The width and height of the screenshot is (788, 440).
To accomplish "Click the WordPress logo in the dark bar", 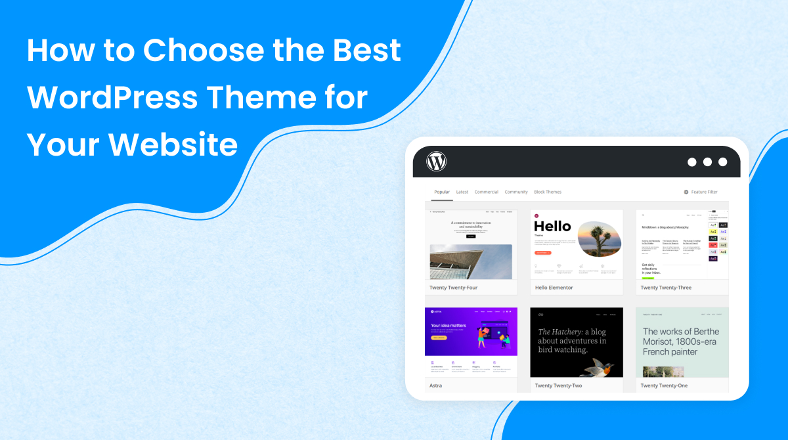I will [x=436, y=162].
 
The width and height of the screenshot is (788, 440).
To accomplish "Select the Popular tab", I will [x=442, y=192].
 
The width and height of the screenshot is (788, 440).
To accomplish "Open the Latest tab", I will [x=462, y=192].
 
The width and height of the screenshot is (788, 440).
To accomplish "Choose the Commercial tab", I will [x=486, y=192].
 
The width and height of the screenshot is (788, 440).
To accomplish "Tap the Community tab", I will [x=516, y=192].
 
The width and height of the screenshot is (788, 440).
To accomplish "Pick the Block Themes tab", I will [x=548, y=192].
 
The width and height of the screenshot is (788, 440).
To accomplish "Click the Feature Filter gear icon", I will [x=686, y=192].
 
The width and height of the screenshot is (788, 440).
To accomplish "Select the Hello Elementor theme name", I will [x=554, y=288].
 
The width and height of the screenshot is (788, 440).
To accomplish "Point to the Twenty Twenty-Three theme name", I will [x=666, y=288].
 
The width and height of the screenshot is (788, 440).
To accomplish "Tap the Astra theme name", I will [x=435, y=385].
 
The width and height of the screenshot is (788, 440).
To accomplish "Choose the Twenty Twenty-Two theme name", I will [x=558, y=385].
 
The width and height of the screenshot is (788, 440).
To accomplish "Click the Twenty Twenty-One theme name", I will [x=664, y=385].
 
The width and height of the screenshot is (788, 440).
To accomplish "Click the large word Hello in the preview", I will [x=552, y=226].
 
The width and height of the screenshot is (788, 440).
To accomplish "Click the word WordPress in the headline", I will [x=112, y=98].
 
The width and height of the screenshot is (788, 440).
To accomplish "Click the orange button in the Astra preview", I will [x=439, y=338].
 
